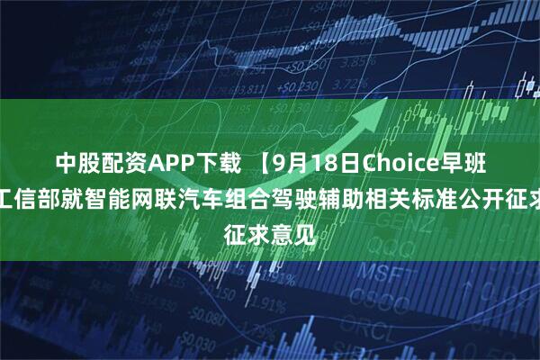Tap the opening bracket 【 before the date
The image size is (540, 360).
click(255, 163)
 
